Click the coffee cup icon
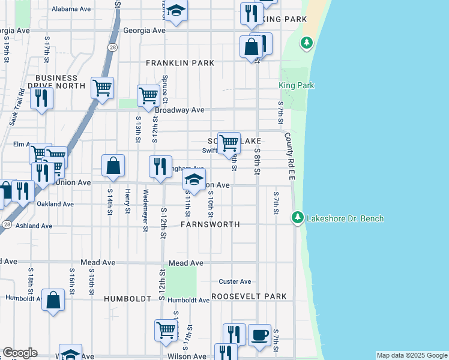(259, 335)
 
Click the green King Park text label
(297, 86)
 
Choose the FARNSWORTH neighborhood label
(211, 224)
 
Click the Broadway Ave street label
(179, 110)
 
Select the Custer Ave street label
(235, 281)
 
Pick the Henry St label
(127, 201)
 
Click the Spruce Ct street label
(164, 88)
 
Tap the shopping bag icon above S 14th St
(113, 165)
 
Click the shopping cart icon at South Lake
(229, 143)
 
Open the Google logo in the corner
(20, 353)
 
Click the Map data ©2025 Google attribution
(411, 355)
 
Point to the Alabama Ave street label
(71, 10)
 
